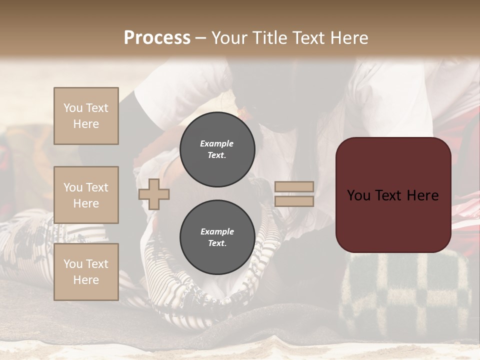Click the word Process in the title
[x=157, y=38]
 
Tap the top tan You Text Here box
[x=86, y=116]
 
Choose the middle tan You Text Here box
[x=86, y=195]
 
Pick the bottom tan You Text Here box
[x=86, y=271]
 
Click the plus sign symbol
[x=154, y=194]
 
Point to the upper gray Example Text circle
[x=217, y=149]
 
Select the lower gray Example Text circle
[x=217, y=237]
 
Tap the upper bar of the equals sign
[x=294, y=186]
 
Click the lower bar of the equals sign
[x=294, y=201]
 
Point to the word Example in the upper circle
[x=217, y=143]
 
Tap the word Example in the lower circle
[x=217, y=231]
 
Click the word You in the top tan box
[x=72, y=108]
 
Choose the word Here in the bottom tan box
[x=86, y=279]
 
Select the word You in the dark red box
[x=358, y=195]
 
